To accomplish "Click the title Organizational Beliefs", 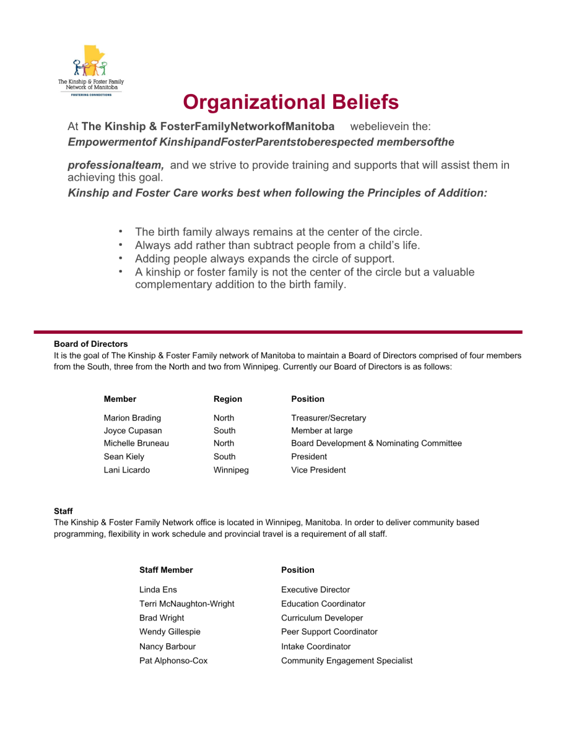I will point(290,102).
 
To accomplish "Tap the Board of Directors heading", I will point(91,344).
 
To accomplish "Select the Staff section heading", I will point(63,511).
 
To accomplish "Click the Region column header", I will point(228,399).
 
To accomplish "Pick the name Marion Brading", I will point(132,418).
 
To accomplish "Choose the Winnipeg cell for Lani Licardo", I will point(231,470).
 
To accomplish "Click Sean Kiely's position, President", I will point(309,456).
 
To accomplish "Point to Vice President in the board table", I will point(318,470).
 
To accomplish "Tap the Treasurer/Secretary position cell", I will point(328,418).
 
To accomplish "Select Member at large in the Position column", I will point(321,430).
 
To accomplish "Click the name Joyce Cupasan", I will point(133,430).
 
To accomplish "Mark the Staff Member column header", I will point(166,570).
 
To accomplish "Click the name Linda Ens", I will point(158,589).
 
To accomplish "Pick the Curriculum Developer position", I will point(322,618).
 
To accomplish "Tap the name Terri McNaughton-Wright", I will point(186,604).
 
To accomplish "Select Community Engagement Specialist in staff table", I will point(346,661).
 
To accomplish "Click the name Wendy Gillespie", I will point(170,632).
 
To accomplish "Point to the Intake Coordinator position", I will point(316,646).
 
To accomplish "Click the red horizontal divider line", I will point(278,332).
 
